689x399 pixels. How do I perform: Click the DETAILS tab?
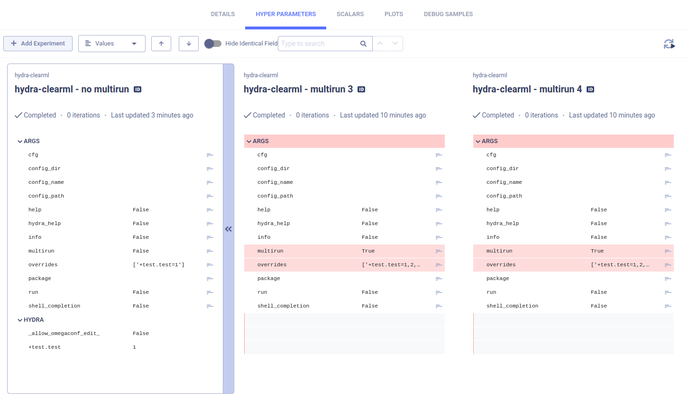click(x=222, y=14)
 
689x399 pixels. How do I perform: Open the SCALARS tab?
click(x=350, y=14)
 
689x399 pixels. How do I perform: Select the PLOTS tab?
click(x=394, y=14)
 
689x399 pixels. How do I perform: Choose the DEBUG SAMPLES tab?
click(x=448, y=14)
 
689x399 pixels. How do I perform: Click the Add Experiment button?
click(x=38, y=44)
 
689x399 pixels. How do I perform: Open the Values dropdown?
click(x=111, y=44)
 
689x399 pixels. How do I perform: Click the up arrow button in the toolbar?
click(x=161, y=44)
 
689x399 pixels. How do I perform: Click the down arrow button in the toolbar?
click(x=189, y=44)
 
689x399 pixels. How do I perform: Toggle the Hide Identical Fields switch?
click(x=213, y=44)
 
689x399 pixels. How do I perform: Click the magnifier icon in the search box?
click(x=363, y=44)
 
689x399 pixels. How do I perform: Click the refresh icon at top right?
click(x=669, y=44)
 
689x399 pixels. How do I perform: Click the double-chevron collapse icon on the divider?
click(x=229, y=229)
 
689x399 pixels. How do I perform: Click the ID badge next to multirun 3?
click(x=361, y=90)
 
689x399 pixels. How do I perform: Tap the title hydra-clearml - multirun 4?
click(x=527, y=89)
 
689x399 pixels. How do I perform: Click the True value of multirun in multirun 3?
click(x=368, y=251)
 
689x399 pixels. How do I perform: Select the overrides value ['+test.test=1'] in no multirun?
click(x=158, y=265)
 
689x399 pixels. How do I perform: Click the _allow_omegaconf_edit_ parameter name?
click(x=64, y=334)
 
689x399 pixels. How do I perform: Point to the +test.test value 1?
click(x=134, y=347)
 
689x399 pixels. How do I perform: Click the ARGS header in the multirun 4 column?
click(x=489, y=141)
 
